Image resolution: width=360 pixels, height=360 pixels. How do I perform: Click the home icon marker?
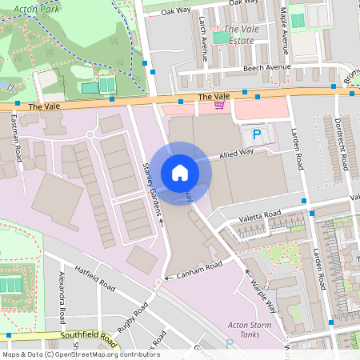tap(180, 172)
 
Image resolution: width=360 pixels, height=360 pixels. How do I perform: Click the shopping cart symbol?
tap(219, 105)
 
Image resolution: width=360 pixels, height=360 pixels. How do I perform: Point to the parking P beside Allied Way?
tap(257, 135)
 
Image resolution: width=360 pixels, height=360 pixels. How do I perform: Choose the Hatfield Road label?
tap(95, 278)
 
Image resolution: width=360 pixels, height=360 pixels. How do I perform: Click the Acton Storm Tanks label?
tap(252, 330)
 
